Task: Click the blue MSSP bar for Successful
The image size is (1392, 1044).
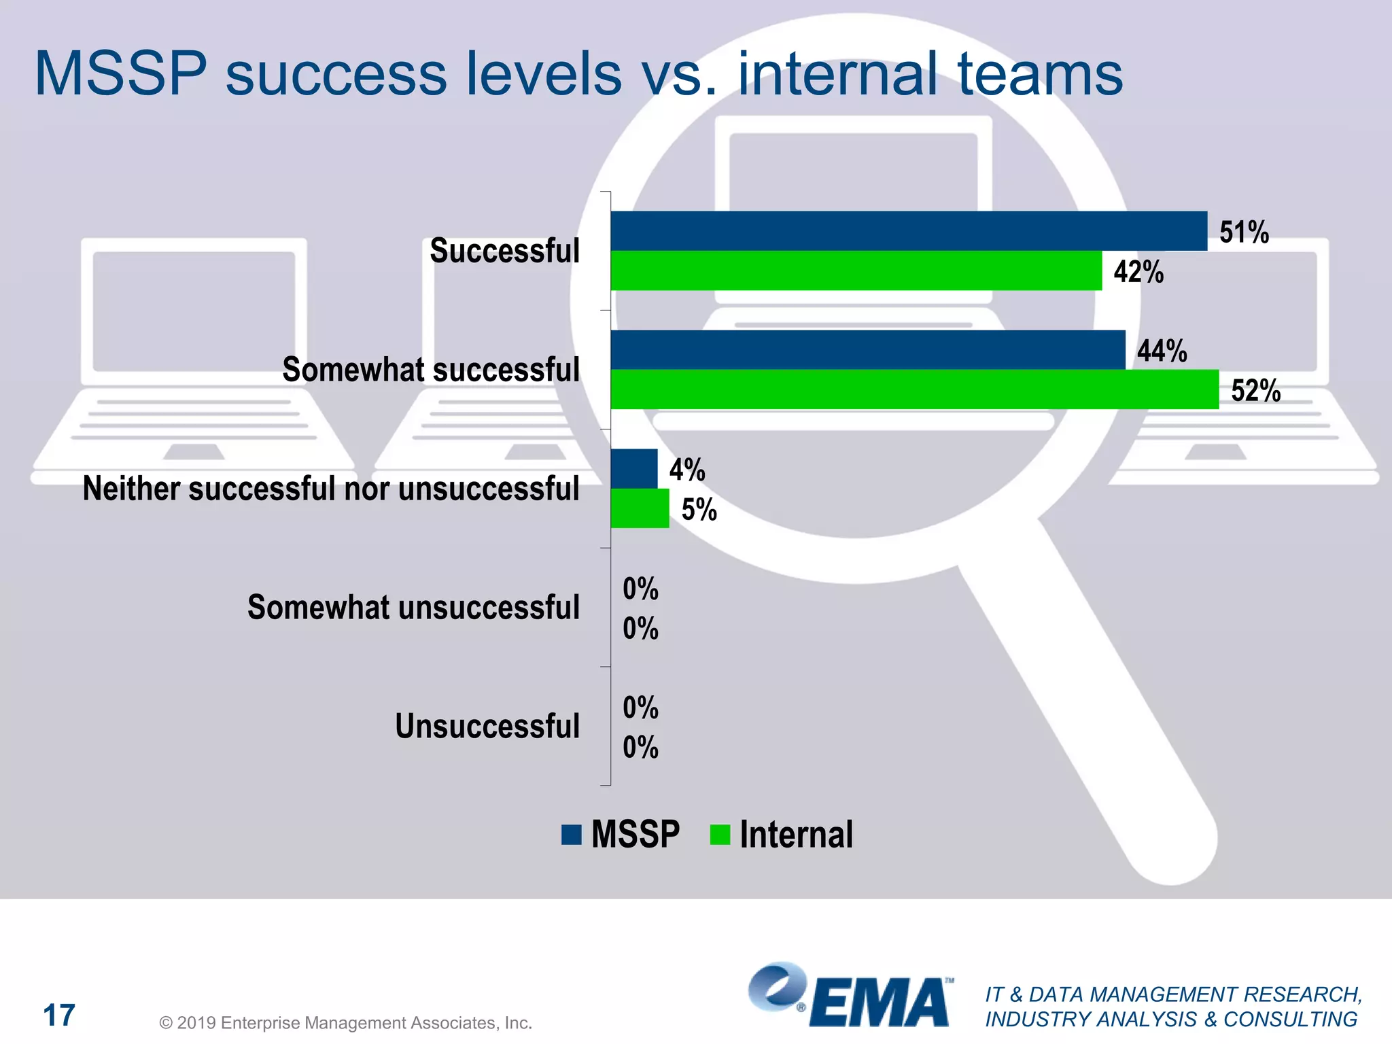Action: coord(908,231)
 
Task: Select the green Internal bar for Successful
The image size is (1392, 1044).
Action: coord(856,271)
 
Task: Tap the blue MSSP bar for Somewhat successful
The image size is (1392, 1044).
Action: coord(867,350)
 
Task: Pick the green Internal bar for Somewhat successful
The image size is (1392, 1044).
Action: coord(914,389)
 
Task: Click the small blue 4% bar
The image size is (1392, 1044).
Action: coord(633,469)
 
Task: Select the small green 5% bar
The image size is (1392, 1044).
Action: coord(640,508)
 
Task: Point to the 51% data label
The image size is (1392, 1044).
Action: coord(1243,232)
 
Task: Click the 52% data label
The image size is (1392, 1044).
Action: coord(1255,391)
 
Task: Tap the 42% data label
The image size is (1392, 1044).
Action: coord(1138,272)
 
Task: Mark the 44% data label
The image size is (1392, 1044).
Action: coord(1162,351)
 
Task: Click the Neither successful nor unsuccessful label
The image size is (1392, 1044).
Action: coord(331,489)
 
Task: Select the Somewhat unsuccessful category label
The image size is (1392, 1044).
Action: coord(413,608)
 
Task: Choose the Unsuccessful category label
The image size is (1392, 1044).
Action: coord(487,726)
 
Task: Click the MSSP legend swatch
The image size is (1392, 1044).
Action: coord(572,835)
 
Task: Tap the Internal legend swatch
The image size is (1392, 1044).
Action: coord(720,835)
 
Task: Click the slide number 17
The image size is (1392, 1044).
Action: coord(59,1015)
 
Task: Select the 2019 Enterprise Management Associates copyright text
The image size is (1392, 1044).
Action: coord(345,1023)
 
